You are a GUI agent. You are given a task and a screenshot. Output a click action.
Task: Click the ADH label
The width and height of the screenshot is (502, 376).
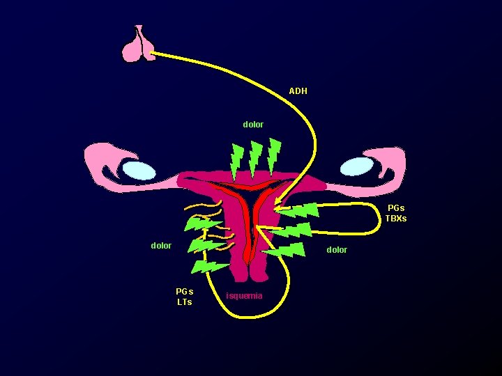pos(298,91)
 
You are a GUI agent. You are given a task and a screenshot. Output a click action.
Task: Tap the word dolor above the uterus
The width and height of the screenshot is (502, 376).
pos(253,125)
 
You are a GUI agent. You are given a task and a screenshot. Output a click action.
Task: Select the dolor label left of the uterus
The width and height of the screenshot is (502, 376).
pos(161,245)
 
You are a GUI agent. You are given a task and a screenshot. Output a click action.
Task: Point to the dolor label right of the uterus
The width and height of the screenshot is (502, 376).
pos(336,249)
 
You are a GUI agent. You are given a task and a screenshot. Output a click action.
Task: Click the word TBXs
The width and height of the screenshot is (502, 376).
pos(396,219)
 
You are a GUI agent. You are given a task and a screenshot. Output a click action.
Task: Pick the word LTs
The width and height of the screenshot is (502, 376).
pos(184,302)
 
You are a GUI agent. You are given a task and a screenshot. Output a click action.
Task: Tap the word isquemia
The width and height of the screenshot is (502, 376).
pos(245,296)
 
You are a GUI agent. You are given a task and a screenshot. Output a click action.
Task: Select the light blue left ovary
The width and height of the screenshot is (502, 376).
pos(139,170)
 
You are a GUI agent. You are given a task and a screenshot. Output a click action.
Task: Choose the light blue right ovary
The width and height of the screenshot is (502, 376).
pos(356,166)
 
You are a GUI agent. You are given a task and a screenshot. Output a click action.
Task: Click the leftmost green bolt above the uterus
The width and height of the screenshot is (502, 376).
pos(238,161)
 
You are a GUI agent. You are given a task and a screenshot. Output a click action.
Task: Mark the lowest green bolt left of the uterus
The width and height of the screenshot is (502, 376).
pos(209,267)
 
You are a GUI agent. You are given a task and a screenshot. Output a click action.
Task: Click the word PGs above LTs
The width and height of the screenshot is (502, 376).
pos(184,291)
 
